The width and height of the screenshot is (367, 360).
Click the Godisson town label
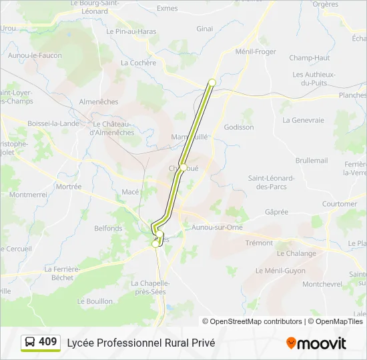point(239,127)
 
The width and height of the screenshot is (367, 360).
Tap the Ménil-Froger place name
point(256,51)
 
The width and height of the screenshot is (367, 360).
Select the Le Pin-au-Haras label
point(135,31)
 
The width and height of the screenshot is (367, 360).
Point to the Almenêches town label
point(99,102)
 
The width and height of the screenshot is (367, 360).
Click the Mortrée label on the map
point(68,187)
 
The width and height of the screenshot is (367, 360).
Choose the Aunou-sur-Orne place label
point(216,228)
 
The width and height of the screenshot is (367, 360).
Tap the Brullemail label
point(312,161)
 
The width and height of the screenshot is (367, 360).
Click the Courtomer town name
point(340,204)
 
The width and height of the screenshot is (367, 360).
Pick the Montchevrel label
point(322,284)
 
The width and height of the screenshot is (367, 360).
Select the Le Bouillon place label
point(95,301)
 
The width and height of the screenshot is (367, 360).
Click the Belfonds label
point(108,228)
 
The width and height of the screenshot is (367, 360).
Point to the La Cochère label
point(138,63)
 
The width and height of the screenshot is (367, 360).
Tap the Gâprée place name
point(276,212)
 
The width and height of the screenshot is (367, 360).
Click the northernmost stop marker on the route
point(212,83)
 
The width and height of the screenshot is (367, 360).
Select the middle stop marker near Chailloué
point(183,167)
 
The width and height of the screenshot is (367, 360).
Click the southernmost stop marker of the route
point(155,244)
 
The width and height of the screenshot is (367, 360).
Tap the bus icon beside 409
point(30,343)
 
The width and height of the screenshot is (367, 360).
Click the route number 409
point(48,342)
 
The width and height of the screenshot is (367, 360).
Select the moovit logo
point(316,343)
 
